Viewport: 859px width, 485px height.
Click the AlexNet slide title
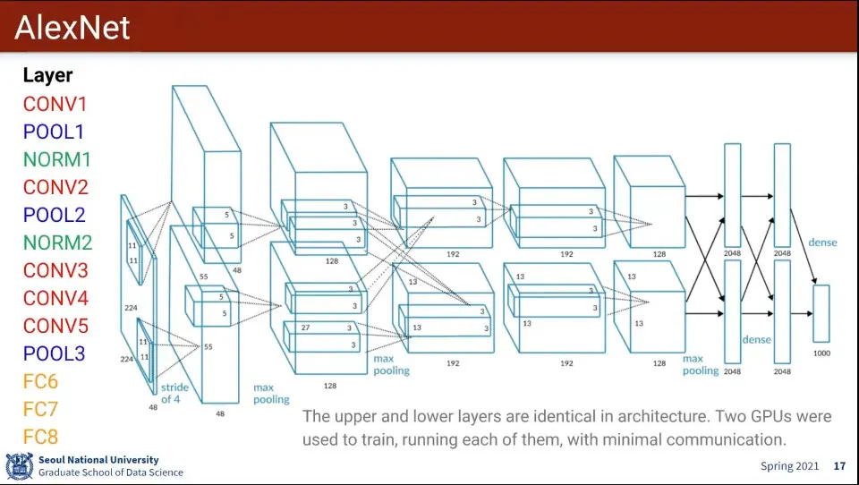pyautogui.click(x=72, y=28)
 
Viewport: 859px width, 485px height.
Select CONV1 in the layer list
pyautogui.click(x=55, y=104)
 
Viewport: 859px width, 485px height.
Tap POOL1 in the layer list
pyautogui.click(x=54, y=132)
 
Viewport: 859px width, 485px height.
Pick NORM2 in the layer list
pyautogui.click(x=57, y=242)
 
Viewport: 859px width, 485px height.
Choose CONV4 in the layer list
pyautogui.click(x=55, y=298)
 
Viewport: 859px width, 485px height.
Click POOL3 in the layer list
pyautogui.click(x=54, y=353)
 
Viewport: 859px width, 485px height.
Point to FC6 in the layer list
pyautogui.click(x=40, y=381)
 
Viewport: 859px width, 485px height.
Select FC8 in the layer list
pyautogui.click(x=40, y=437)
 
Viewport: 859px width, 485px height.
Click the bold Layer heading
pyautogui.click(x=47, y=76)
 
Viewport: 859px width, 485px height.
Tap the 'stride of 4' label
pyautogui.click(x=172, y=393)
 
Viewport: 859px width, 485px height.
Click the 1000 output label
pyautogui.click(x=821, y=353)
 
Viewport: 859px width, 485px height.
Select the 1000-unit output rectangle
pyautogui.click(x=821, y=312)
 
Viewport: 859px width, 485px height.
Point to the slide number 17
pyautogui.click(x=839, y=466)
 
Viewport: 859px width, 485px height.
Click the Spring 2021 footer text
pyautogui.click(x=789, y=466)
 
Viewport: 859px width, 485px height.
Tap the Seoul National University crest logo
pyautogui.click(x=19, y=466)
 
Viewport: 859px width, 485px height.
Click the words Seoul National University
pyautogui.click(x=98, y=460)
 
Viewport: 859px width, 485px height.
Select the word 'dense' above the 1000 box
pyautogui.click(x=822, y=242)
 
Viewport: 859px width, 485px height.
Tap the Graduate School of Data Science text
pyautogui.click(x=110, y=472)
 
